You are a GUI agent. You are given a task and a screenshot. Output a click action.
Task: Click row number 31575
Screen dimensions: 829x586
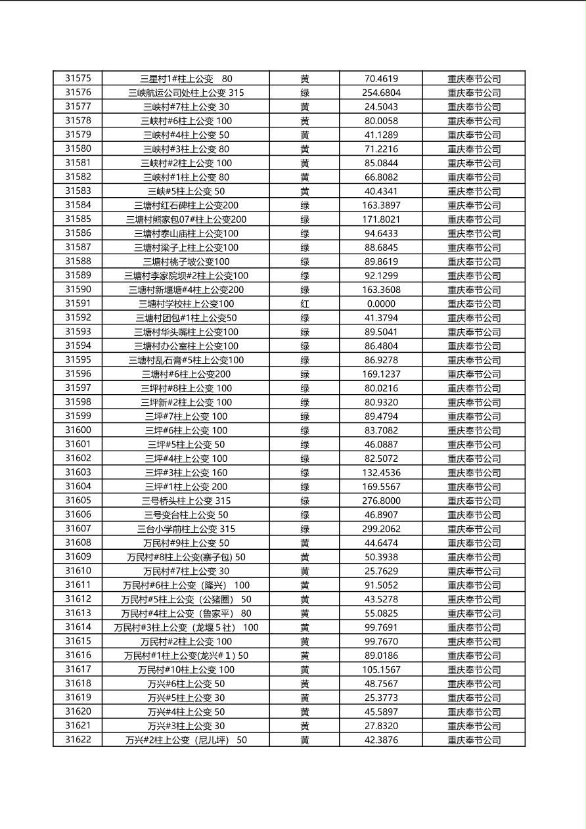78,78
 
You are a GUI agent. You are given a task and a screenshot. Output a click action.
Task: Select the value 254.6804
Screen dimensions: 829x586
381,93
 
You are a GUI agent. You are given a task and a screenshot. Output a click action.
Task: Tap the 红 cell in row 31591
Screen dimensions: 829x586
305,303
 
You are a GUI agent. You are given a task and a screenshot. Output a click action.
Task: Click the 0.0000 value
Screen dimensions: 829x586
381,303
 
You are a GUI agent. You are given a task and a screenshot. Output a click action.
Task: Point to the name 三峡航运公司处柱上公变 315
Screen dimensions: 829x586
186,93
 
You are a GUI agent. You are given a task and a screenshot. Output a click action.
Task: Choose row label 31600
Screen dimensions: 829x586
78,430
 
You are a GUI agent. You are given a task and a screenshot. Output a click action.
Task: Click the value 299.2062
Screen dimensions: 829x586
381,529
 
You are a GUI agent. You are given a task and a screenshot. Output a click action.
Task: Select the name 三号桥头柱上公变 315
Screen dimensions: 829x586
186,501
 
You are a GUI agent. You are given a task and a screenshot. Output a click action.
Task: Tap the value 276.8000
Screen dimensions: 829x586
381,501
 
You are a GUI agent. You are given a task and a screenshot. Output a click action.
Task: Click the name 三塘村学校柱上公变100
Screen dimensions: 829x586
186,303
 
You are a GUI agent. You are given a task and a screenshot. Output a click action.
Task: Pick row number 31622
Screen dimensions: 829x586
78,740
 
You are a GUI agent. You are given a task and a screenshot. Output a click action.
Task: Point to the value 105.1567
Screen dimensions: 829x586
381,669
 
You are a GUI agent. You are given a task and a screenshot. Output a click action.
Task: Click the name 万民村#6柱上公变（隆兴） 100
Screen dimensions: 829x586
186,585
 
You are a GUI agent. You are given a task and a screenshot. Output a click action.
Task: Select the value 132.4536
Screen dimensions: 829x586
381,472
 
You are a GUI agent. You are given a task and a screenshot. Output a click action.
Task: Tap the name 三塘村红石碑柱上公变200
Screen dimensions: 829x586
186,205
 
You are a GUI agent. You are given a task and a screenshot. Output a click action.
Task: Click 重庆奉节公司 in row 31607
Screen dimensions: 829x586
474,529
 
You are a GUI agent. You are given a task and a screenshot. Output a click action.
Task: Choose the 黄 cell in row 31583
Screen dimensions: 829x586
305,191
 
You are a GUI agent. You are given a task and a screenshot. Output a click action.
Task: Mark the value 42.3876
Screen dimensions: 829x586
381,740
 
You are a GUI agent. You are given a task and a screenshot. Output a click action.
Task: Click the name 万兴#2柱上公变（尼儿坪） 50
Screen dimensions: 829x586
186,740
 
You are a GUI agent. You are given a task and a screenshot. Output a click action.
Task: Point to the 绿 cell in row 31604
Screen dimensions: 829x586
305,487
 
